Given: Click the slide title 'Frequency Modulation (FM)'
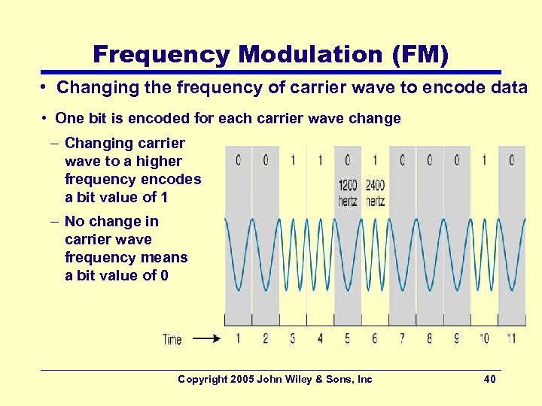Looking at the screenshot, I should click(270, 54).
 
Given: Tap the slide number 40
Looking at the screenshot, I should click(489, 379).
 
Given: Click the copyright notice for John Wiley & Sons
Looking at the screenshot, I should click(275, 379).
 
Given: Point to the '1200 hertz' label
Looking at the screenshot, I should click(348, 193).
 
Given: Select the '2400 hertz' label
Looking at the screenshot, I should click(375, 193).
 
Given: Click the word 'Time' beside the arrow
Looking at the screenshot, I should click(172, 339).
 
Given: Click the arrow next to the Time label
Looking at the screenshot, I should click(207, 339).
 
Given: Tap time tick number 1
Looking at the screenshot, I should click(238, 338).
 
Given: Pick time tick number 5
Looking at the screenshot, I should click(347, 338).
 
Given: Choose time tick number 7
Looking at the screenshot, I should click(402, 338).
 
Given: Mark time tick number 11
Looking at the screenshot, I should click(511, 338).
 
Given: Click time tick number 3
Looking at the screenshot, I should click(293, 338).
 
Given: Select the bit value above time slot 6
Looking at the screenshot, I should click(375, 160).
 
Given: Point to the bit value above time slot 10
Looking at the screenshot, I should click(484, 160).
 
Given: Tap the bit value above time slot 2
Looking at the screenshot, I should click(265, 160).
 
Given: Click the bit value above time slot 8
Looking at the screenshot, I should click(430, 160).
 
